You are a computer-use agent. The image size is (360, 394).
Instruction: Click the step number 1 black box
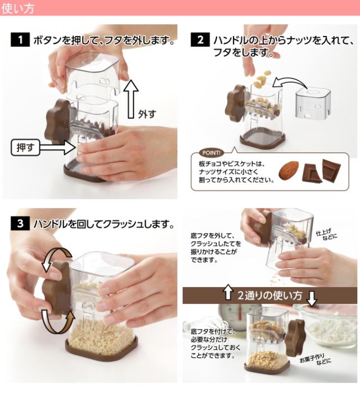tap(20, 40)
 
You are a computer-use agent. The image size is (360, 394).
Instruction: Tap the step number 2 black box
tap(200, 40)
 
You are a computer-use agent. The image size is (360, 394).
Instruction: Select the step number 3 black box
tap(20, 223)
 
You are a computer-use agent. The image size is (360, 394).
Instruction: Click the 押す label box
tap(25, 147)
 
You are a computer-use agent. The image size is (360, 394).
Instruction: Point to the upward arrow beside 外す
tap(131, 98)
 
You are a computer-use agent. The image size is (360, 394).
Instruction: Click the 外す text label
tap(147, 114)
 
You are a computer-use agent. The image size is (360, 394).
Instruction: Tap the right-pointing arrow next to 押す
tap(57, 147)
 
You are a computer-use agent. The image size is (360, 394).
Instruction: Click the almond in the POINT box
tap(289, 171)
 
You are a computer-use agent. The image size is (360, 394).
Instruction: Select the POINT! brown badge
tap(211, 153)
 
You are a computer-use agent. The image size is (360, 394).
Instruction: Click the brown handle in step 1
tap(58, 121)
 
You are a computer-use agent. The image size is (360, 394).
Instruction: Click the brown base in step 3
tap(102, 350)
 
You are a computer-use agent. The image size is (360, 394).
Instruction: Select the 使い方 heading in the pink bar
tap(17, 8)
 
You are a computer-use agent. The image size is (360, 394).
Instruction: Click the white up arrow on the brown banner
tap(228, 292)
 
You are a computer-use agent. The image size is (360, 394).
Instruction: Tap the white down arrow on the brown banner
tap(312, 298)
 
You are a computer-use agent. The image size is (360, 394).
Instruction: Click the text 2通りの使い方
tap(269, 295)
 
